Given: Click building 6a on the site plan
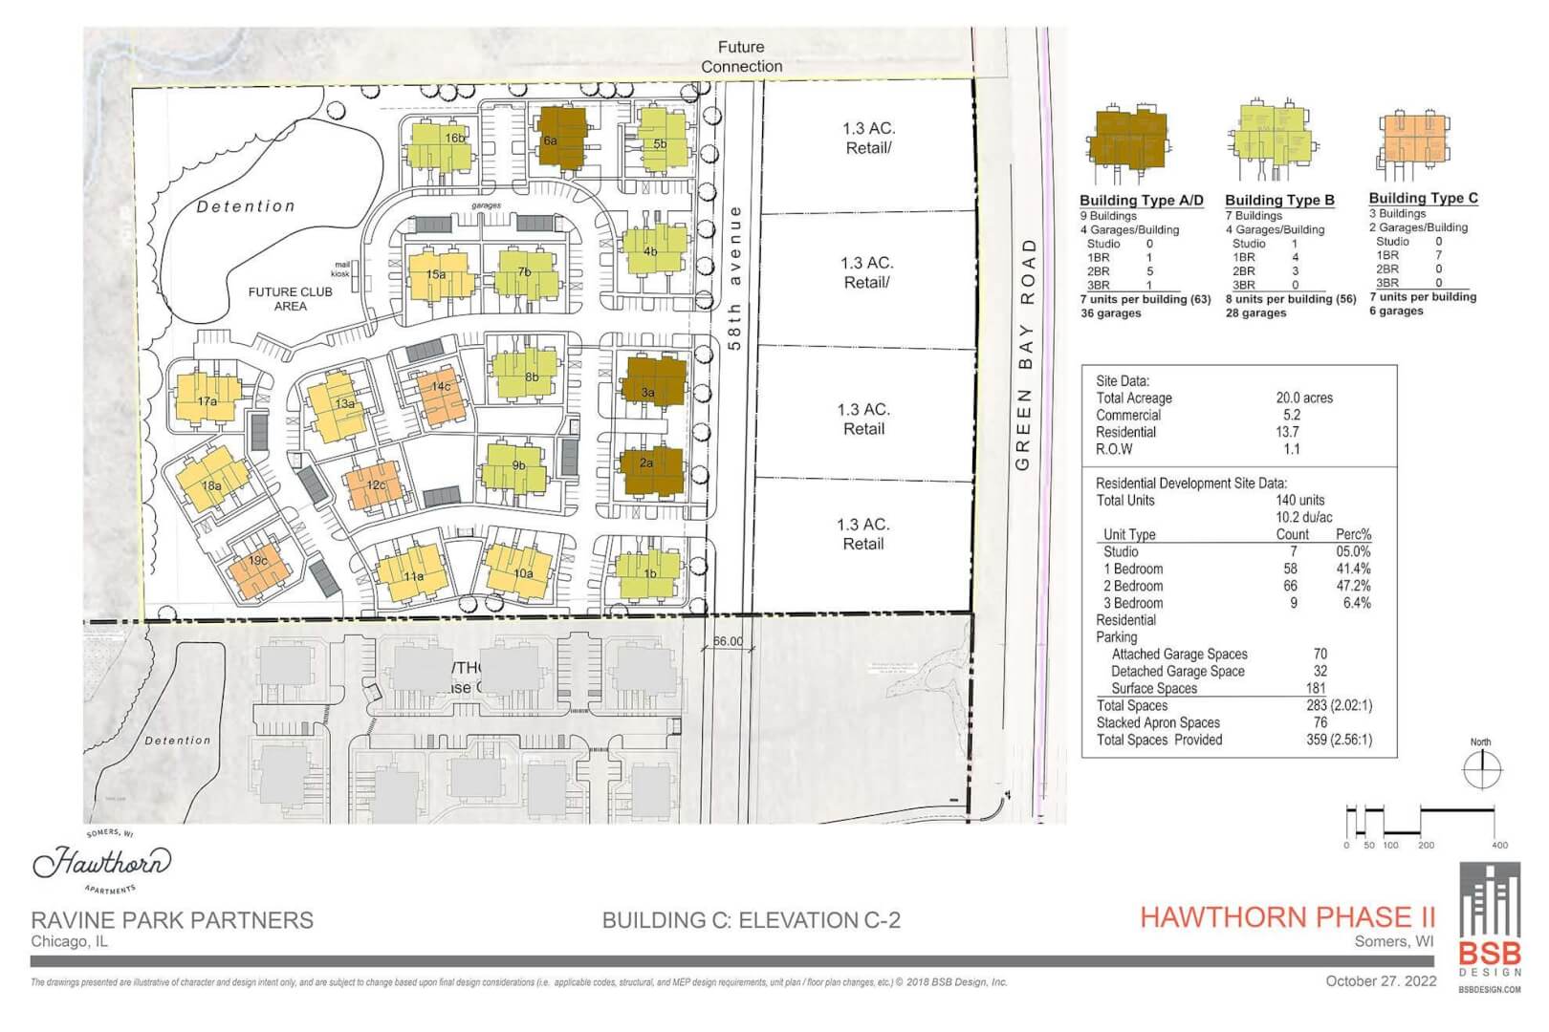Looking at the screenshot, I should pyautogui.click(x=561, y=138).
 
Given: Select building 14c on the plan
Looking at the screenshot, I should pyautogui.click(x=441, y=394).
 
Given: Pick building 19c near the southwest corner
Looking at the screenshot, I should pyautogui.click(x=257, y=568).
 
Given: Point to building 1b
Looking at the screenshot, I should pyautogui.click(x=649, y=573).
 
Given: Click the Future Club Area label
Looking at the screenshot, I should pyautogui.click(x=290, y=299).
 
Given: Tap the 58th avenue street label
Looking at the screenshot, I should pyautogui.click(x=734, y=277).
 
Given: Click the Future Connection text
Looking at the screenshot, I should pyautogui.click(x=741, y=56).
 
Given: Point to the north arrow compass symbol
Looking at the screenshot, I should pyautogui.click(x=1481, y=768).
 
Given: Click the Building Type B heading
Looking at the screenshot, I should pyautogui.click(x=1279, y=200).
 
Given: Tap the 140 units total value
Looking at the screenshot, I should pyautogui.click(x=1299, y=500).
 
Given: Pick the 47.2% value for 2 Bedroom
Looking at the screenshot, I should pyautogui.click(x=1352, y=586).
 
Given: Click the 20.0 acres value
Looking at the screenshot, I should pyautogui.click(x=1303, y=398).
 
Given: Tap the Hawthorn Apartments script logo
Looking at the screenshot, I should pyautogui.click(x=102, y=862).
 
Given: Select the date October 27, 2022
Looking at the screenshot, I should pyautogui.click(x=1381, y=981).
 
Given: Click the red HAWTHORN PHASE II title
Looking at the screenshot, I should pyautogui.click(x=1287, y=917).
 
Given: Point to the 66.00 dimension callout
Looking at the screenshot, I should pyautogui.click(x=728, y=641).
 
